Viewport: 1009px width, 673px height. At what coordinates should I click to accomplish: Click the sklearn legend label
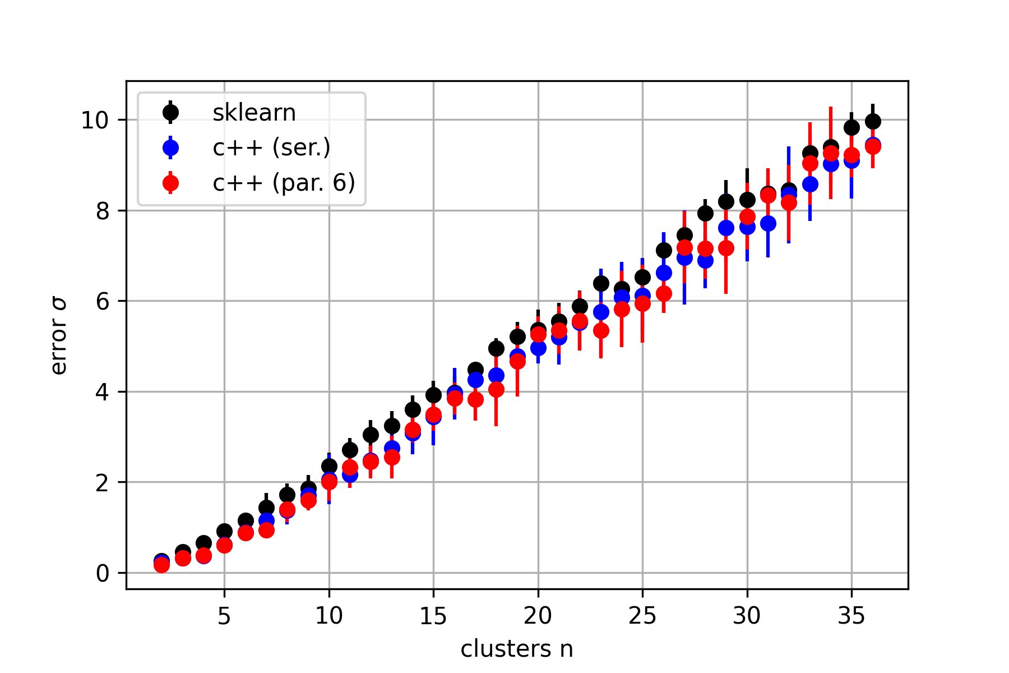tap(254, 113)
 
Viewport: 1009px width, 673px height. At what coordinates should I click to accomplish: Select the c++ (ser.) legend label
tap(271, 147)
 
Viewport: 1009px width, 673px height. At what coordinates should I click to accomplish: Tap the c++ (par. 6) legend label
tap(284, 183)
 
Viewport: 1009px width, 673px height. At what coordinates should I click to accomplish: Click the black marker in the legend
tap(170, 113)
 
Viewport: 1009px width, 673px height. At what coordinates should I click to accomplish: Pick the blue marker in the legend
tap(170, 147)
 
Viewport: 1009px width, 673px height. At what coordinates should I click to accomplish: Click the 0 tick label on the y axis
tap(102, 573)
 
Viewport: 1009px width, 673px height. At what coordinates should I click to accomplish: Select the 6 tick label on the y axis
tap(102, 301)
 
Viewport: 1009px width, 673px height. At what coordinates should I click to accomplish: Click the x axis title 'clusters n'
tap(517, 649)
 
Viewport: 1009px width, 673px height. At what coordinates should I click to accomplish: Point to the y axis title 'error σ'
tap(58, 336)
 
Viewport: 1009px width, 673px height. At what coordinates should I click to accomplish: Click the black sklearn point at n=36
tap(873, 121)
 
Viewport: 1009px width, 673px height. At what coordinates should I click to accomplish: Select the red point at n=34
tap(831, 153)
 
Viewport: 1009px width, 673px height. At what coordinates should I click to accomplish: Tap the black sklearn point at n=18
tap(496, 348)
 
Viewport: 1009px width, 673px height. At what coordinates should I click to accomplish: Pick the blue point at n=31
tap(768, 223)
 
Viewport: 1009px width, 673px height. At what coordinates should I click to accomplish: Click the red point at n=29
tap(726, 248)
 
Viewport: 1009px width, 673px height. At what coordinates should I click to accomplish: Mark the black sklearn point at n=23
tap(601, 283)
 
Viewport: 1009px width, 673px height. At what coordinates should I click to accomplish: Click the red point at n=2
tap(161, 565)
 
